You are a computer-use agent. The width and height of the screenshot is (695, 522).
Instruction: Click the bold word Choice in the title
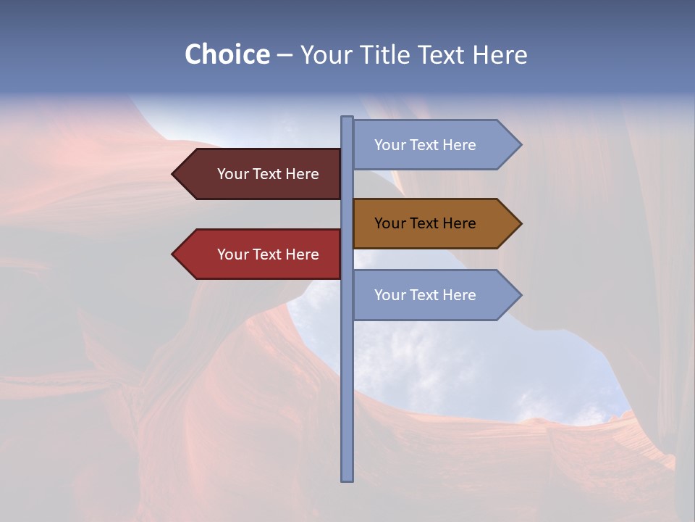227,54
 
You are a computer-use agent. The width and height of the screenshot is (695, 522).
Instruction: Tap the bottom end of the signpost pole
347,479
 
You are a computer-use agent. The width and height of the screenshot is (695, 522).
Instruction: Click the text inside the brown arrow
425,223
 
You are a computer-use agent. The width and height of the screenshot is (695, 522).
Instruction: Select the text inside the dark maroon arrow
268,174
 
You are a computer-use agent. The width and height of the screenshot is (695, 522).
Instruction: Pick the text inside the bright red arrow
268,254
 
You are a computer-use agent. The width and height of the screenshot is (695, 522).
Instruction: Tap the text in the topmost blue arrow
425,145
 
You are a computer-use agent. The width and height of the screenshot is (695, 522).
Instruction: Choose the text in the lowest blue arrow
425,295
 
